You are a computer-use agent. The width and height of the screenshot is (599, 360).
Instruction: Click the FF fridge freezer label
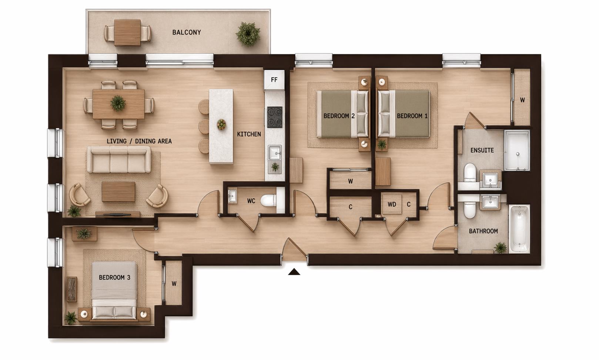(x=274, y=80)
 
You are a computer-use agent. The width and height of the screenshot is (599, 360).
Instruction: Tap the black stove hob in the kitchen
(x=275, y=117)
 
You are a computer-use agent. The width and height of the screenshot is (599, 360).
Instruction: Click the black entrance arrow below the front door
(x=294, y=272)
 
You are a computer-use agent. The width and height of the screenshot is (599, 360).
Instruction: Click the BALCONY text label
(x=187, y=33)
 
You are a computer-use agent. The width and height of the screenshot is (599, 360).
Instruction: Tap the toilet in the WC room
(x=268, y=201)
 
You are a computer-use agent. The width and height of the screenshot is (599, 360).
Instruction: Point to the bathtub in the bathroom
(x=519, y=229)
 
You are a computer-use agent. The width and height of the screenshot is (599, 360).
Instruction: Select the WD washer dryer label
(x=392, y=204)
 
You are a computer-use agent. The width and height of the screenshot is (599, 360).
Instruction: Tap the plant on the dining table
(x=118, y=103)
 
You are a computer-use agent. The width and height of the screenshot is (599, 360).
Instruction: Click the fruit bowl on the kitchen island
(x=221, y=124)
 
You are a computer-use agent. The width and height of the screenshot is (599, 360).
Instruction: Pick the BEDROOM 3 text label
(x=114, y=277)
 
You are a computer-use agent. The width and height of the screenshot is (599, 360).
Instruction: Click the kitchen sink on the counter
(x=274, y=152)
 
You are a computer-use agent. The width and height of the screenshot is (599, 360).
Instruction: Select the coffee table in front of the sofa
(x=118, y=191)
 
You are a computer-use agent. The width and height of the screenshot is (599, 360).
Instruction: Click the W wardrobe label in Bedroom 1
(x=522, y=100)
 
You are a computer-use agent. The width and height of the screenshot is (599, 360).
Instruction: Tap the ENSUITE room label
(x=482, y=150)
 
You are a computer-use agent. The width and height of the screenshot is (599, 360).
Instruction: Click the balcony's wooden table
(x=127, y=33)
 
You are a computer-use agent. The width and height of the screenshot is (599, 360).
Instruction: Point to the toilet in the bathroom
(x=470, y=209)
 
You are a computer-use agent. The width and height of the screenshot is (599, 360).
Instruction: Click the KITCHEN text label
(x=249, y=134)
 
